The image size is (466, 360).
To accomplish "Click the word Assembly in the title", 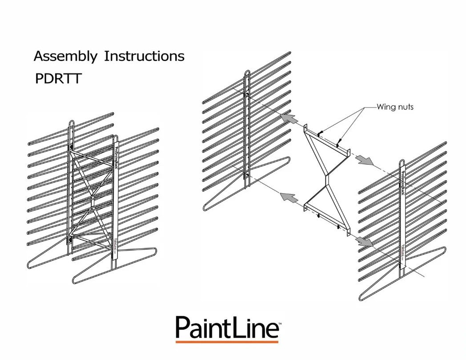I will coord(65,57).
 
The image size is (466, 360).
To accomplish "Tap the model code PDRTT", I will coord(58,79).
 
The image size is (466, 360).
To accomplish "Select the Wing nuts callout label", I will coord(395,107).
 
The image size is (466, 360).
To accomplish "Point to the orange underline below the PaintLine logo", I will coord(227,342).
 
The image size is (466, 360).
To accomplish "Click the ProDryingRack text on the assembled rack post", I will coord(117,156).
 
